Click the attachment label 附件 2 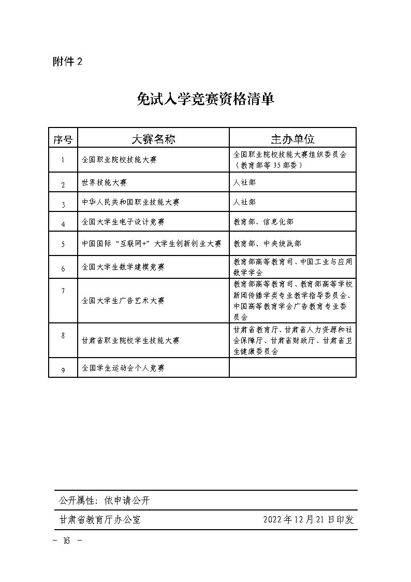tap(67, 62)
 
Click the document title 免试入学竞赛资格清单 tap(205, 99)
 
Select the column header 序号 tap(63, 138)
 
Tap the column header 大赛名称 tap(153, 138)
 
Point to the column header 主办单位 tap(292, 138)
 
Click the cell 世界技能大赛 tap(104, 183)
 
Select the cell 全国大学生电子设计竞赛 tap(123, 222)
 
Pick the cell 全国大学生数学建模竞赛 tap(123, 267)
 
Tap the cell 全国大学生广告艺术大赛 tap(123, 301)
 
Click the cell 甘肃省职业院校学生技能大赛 tap(130, 340)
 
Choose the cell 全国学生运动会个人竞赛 tap(123, 368)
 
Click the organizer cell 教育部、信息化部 tap(263, 222)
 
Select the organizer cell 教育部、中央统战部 tap(267, 243)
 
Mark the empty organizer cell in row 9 tap(292, 368)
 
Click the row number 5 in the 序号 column tap(63, 244)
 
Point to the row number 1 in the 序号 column tap(63, 160)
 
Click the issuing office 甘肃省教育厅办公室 tap(100, 520)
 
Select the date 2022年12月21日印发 tap(309, 520)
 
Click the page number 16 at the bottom tap(67, 541)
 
